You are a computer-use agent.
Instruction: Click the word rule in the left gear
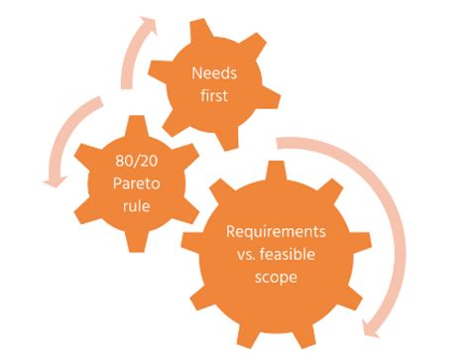(x=133, y=203)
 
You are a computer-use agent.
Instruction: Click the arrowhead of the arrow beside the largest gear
(x=372, y=324)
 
